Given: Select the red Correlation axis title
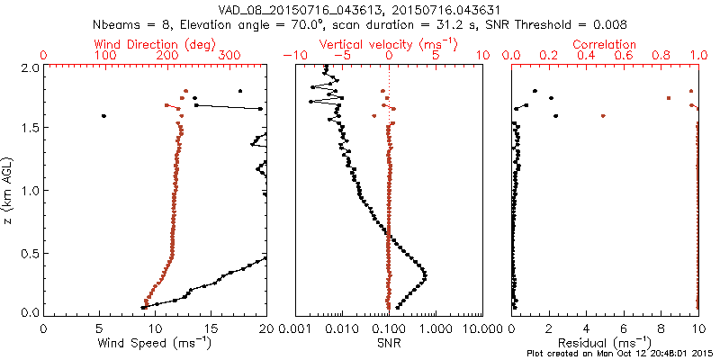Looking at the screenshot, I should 604,44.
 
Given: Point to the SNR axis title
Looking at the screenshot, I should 389,342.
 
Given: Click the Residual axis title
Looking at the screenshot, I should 604,342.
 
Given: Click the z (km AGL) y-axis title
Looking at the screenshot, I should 8,191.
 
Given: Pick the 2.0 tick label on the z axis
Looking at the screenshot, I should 30,67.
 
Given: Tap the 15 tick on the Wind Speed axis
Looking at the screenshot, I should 211,328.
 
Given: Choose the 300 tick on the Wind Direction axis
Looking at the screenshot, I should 229,56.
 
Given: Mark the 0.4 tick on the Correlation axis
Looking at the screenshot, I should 586,56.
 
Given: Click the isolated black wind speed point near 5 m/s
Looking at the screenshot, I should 103,116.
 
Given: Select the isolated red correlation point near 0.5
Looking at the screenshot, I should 603,116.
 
